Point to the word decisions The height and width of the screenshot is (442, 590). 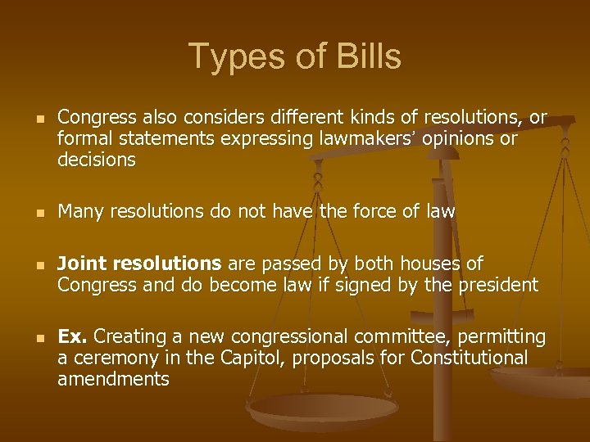click(97, 160)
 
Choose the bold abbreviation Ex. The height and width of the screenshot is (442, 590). click(72, 337)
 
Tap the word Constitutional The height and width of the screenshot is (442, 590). click(469, 359)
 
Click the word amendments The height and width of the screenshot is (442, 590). click(113, 379)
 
